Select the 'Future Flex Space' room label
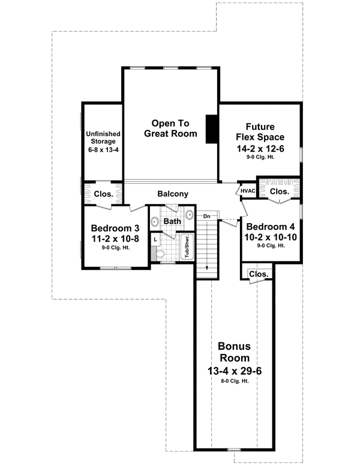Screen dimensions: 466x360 coord(260,132)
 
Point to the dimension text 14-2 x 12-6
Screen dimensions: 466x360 coord(260,148)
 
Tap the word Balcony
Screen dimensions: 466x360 coord(173,194)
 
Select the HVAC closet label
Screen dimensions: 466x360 coord(248,191)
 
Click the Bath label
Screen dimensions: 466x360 coord(173,221)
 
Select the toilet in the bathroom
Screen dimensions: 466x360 coord(158,255)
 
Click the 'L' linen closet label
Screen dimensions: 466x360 coord(155,239)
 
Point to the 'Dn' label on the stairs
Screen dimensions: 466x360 coord(206,216)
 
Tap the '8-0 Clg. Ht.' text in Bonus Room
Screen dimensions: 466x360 coord(234,381)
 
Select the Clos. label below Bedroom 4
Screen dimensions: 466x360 coord(257,273)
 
